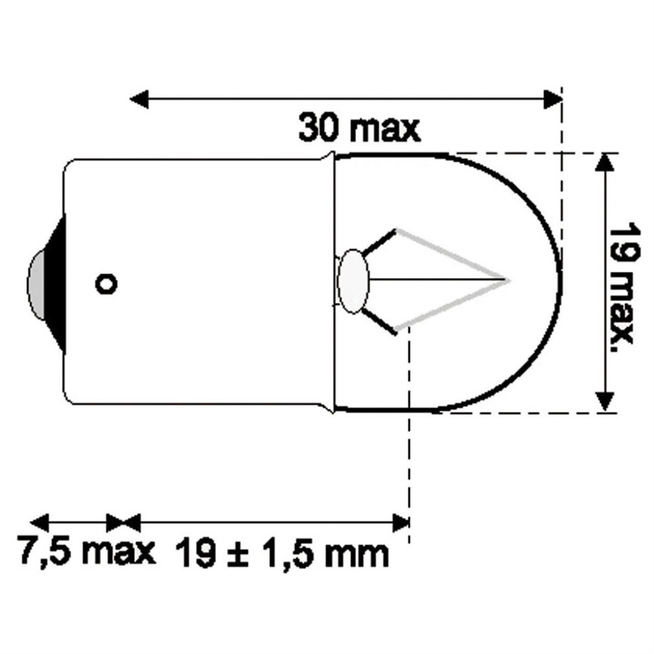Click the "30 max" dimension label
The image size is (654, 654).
359,129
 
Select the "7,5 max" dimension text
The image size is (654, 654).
86,551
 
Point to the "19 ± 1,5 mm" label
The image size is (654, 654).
282,553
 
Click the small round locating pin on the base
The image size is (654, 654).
107,284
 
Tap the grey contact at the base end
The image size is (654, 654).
36,284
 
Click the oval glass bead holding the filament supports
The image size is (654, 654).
353,281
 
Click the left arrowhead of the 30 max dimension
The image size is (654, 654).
139,99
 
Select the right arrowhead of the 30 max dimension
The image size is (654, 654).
553,99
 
